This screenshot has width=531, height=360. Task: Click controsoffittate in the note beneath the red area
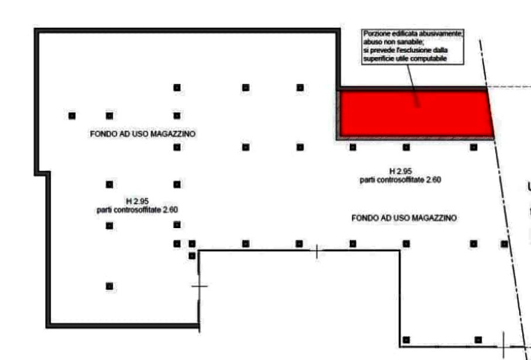(x=401, y=180)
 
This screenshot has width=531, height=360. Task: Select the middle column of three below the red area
(x=406, y=147)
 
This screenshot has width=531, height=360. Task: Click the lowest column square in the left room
(x=109, y=286)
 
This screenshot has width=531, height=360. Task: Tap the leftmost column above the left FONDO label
(x=72, y=116)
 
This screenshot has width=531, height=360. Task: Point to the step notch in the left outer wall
(x=43, y=173)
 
